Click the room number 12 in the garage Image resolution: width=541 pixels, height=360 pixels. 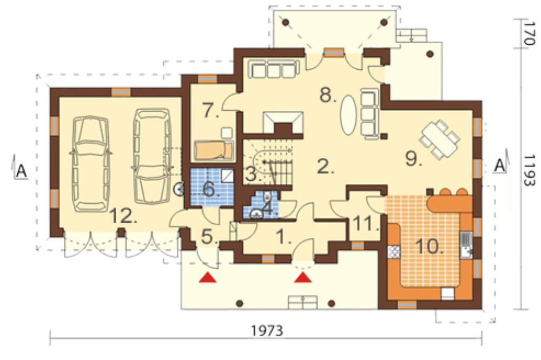(x=123, y=217)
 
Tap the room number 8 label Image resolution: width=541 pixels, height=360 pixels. (x=328, y=95)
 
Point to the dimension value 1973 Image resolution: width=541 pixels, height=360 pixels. (x=267, y=331)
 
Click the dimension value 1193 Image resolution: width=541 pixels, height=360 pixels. (x=528, y=170)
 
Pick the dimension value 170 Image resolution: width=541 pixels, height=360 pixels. (x=528, y=34)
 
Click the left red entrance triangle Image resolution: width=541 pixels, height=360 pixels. (x=208, y=277)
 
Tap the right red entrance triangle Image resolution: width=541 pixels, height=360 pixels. (x=303, y=277)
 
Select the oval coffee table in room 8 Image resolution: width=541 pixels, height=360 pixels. (x=349, y=115)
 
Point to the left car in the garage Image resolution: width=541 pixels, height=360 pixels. (x=90, y=163)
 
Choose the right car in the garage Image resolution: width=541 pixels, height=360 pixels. (x=152, y=156)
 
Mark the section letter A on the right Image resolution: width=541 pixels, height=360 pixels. (x=499, y=165)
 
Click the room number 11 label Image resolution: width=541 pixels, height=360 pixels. (x=366, y=224)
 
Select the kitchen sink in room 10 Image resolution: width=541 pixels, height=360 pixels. (x=466, y=245)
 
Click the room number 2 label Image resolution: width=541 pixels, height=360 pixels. (x=325, y=167)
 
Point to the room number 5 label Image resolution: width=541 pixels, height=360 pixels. (x=209, y=237)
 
